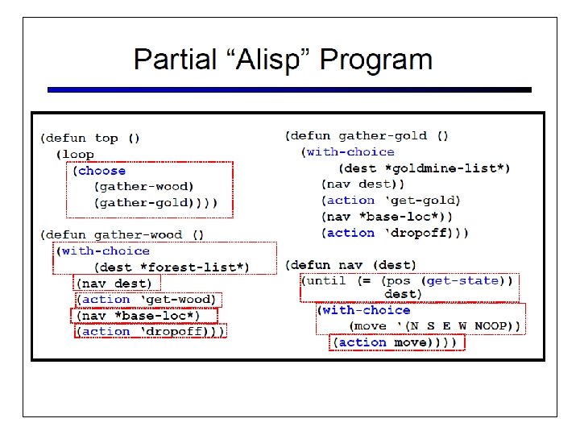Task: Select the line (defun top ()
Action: [90, 138]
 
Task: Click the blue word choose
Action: [101, 171]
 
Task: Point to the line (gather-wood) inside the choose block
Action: [144, 187]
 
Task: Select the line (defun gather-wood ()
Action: [122, 235]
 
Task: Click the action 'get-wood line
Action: [147, 300]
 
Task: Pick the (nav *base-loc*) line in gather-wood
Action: [139, 316]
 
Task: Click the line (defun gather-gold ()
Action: [367, 135]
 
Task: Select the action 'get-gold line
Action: [391, 201]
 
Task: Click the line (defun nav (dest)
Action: [350, 265]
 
